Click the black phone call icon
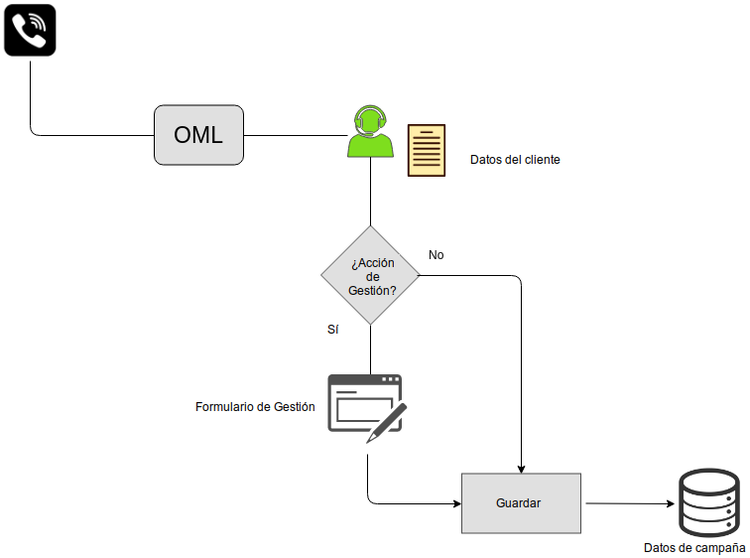coord(30,30)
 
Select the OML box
coord(198,134)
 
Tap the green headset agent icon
coord(370,132)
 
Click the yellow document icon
coord(427,151)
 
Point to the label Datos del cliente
coord(515,160)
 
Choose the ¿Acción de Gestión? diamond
coord(371,275)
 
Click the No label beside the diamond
coord(437,255)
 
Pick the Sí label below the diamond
coord(333,329)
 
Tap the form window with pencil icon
coord(365,405)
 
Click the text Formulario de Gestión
coord(255,407)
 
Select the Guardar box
coord(521,503)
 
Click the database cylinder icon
coord(708,503)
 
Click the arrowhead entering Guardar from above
coord(521,468)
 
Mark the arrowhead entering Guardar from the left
coord(457,502)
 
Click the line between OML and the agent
coord(295,134)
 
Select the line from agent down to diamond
coord(371,194)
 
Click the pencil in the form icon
coord(386,423)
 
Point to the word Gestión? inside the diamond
coord(373,291)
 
